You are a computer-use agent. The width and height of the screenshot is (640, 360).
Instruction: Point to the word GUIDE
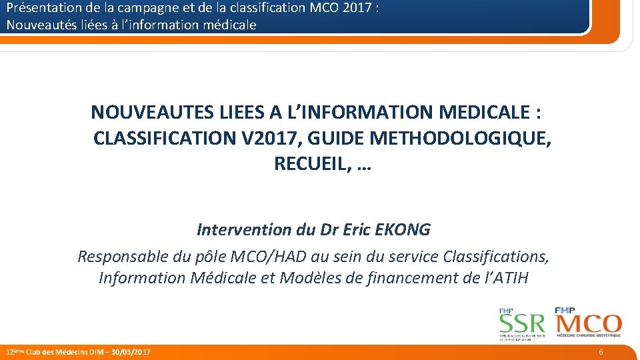click(336, 138)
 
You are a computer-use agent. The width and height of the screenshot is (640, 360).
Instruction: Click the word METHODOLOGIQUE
click(460, 138)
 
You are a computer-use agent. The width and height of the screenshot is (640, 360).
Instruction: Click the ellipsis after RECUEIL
click(364, 165)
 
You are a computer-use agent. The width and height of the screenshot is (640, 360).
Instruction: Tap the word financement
click(403, 277)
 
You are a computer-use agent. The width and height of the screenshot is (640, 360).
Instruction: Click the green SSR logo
click(523, 325)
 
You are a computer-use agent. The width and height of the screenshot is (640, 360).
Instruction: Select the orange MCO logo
click(587, 324)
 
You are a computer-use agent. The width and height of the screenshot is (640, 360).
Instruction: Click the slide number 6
click(601, 351)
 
